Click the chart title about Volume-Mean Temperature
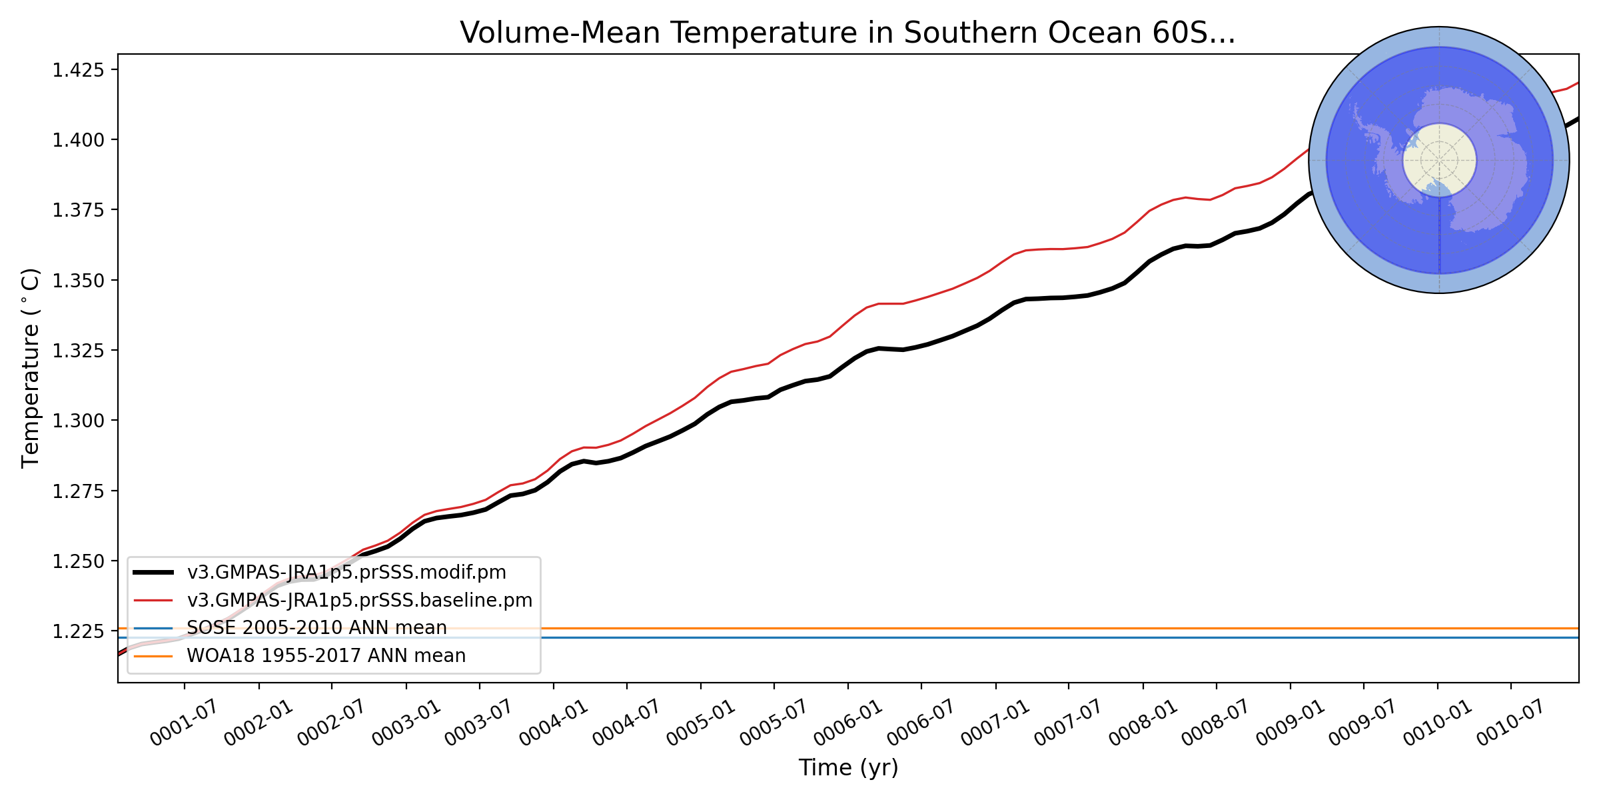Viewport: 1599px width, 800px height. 847,33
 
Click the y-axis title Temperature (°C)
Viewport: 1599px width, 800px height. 31,368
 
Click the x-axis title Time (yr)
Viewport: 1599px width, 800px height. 848,768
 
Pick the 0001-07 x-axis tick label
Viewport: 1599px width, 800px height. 183,724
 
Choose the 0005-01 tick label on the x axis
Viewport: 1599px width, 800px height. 700,724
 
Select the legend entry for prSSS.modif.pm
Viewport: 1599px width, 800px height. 346,573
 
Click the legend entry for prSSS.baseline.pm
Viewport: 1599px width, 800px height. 360,601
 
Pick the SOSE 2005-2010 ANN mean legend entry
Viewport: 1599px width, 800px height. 316,628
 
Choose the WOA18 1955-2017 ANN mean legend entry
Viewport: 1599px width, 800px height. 326,656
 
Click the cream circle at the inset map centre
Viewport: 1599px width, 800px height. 1439,160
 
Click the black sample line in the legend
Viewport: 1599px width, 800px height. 153,573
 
